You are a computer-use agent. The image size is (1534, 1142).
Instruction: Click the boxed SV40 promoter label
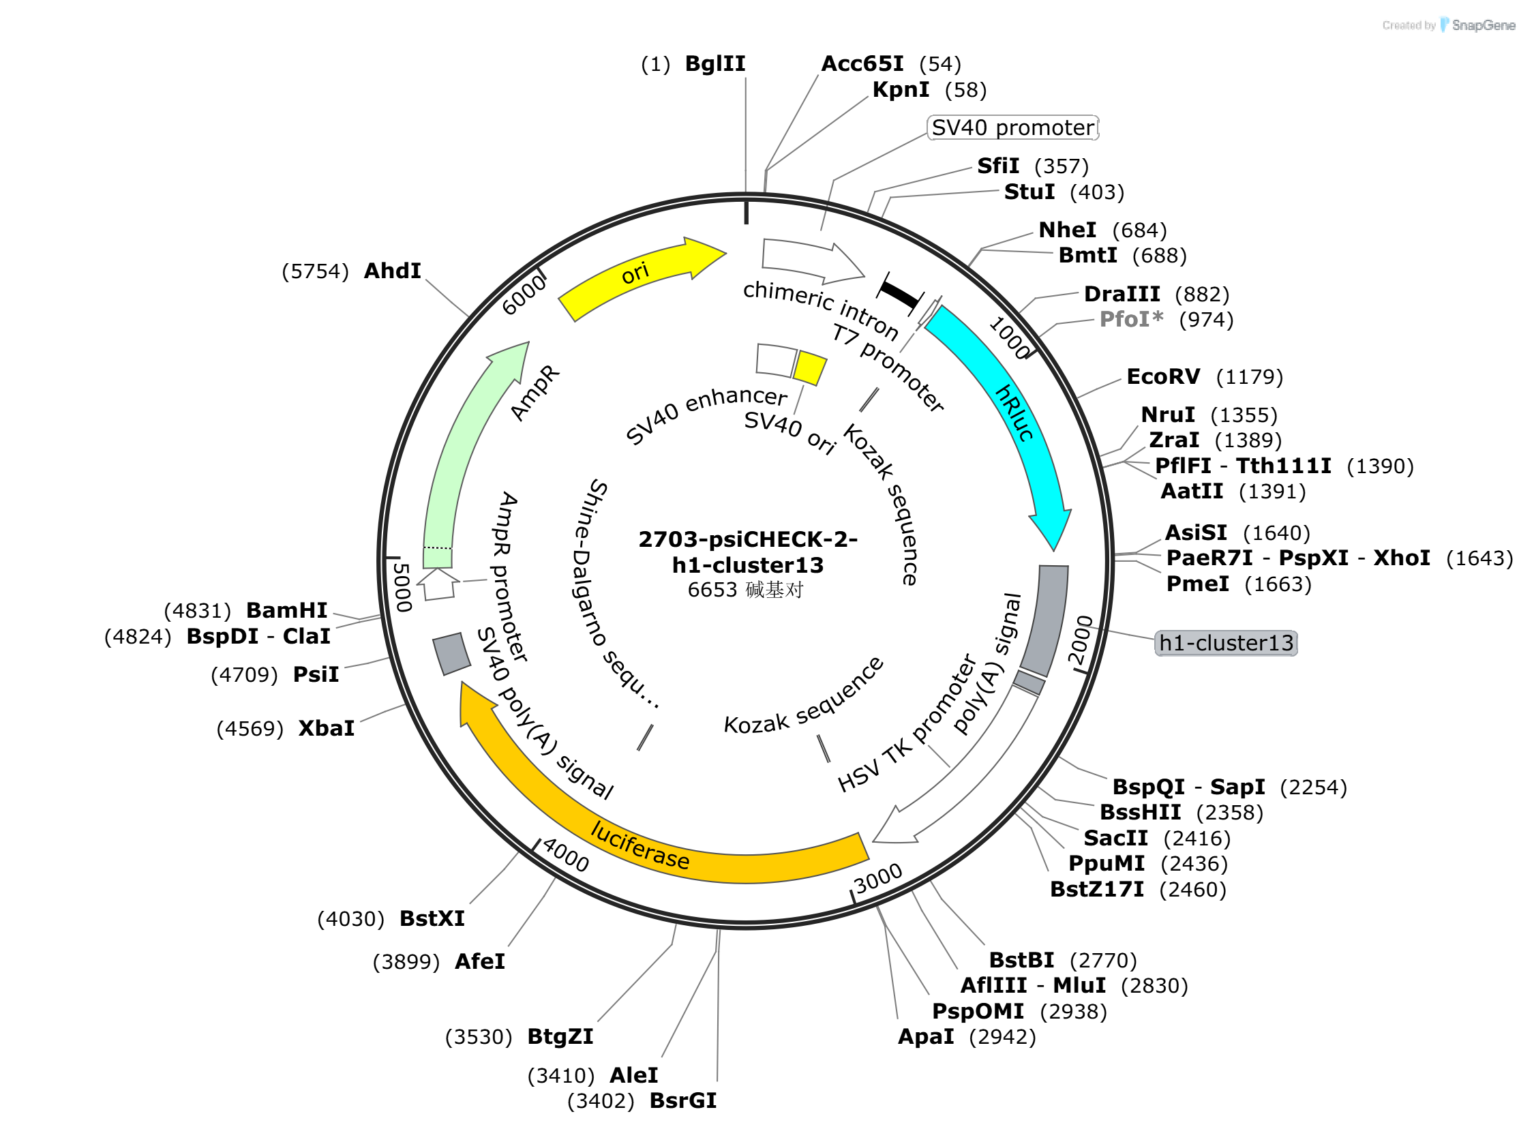(x=1012, y=128)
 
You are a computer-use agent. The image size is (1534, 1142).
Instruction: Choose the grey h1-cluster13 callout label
(x=1225, y=643)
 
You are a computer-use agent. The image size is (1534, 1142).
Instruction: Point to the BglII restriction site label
(x=715, y=63)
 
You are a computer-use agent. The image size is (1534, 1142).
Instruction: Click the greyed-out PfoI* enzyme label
(x=1131, y=319)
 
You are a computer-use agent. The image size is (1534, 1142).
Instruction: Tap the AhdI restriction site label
(x=392, y=271)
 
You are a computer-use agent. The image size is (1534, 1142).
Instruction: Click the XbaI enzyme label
(x=326, y=729)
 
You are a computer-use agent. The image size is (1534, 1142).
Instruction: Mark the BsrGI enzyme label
(x=683, y=1100)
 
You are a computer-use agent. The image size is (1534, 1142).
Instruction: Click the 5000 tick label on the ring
(x=402, y=588)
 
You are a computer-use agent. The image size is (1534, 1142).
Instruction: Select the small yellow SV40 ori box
(x=809, y=367)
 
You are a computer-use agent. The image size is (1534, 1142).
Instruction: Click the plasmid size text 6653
(x=712, y=590)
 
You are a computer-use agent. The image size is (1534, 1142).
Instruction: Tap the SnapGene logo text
(x=1483, y=26)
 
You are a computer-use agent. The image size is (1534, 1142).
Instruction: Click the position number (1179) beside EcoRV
(x=1248, y=377)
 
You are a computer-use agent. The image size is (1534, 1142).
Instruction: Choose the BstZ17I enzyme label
(x=1096, y=889)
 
